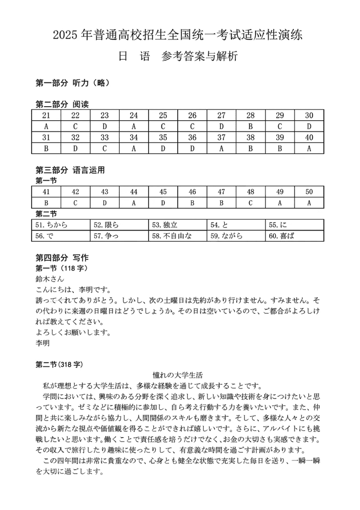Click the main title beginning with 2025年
[x=180, y=35]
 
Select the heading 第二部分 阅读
[x=62, y=104]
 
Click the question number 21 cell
[x=46, y=115]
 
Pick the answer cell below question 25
[x=163, y=126]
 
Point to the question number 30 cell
[x=309, y=115]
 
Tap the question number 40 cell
[x=309, y=138]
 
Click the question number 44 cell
[x=134, y=192]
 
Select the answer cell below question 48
[x=251, y=203]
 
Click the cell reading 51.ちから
[x=61, y=224]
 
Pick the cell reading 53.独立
[x=178, y=224]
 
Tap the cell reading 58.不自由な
[x=178, y=235]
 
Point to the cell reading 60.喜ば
[x=295, y=235]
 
